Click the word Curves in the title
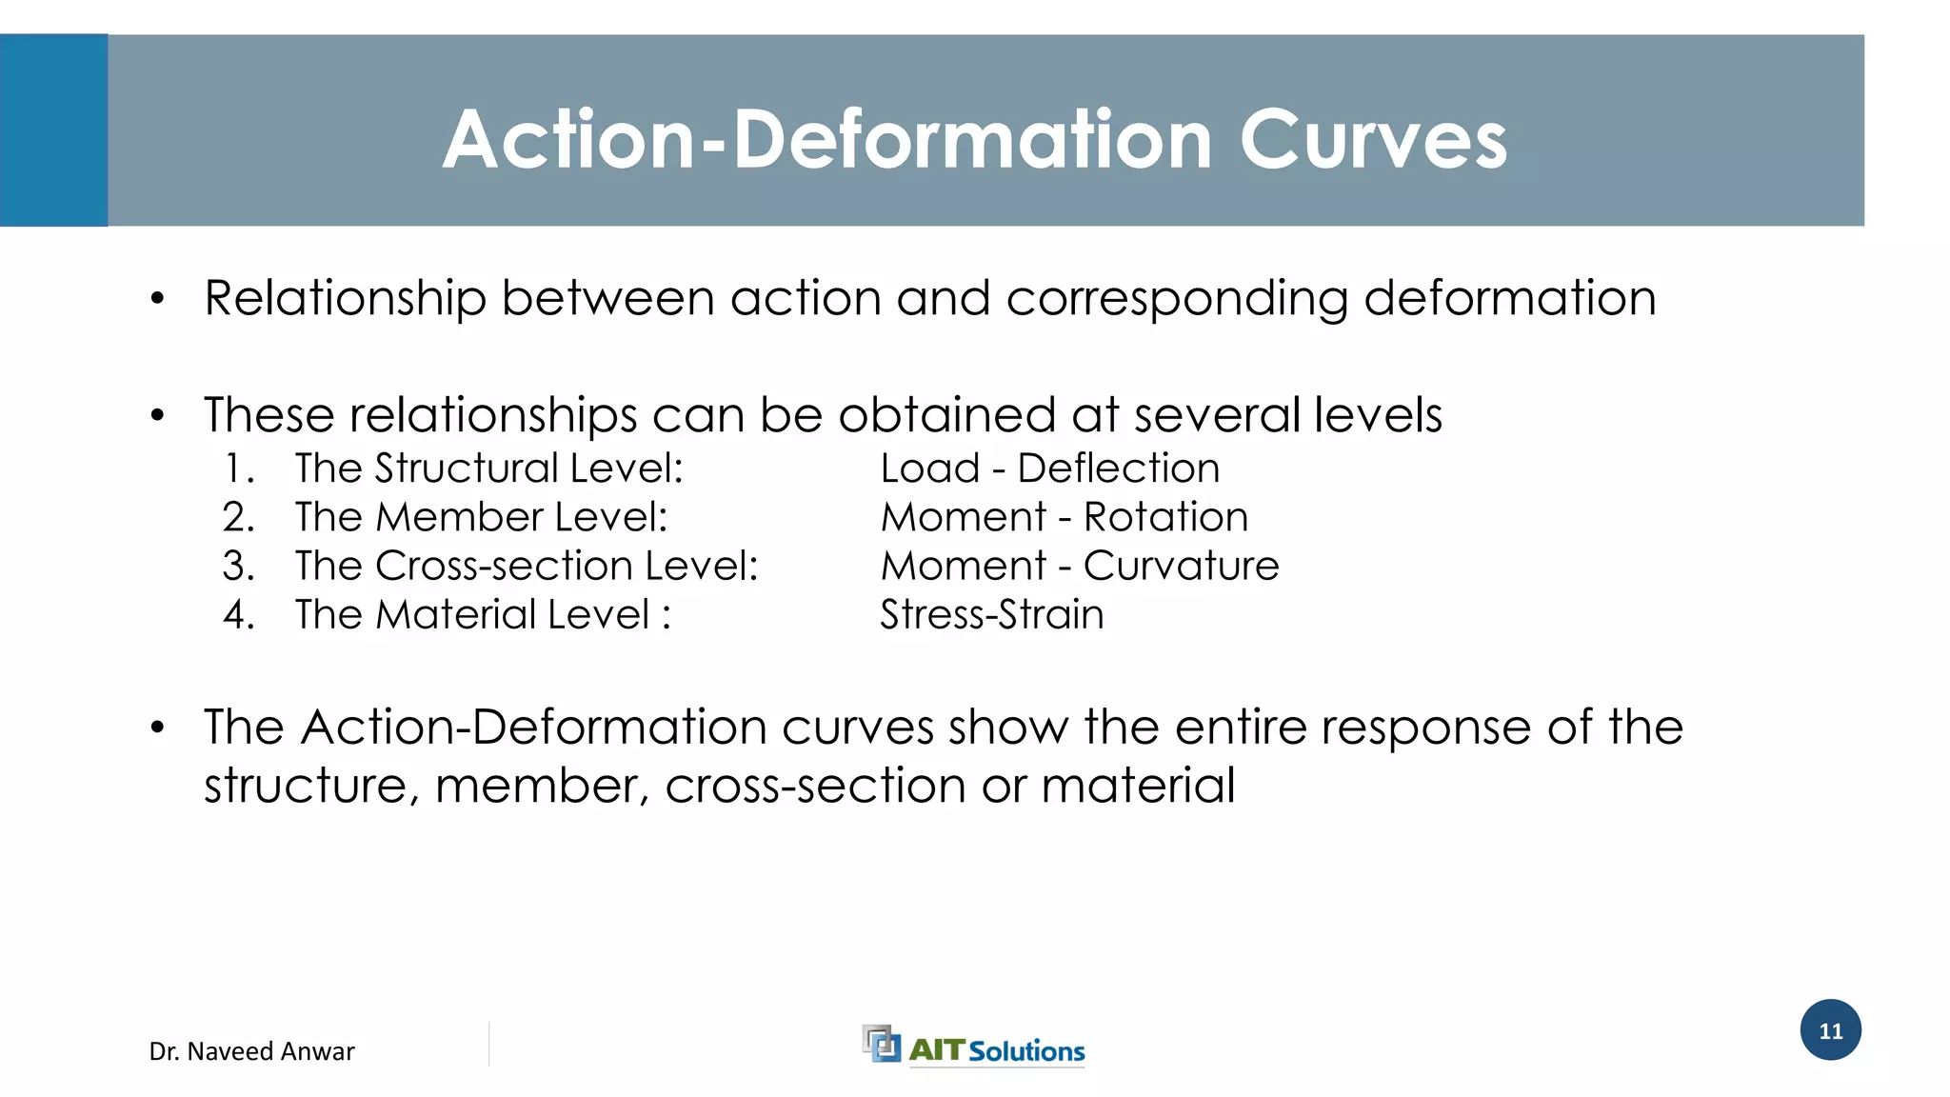point(1373,140)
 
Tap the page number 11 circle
point(1830,1030)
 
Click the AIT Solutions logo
point(973,1047)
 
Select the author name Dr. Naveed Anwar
point(251,1051)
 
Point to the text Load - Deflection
point(1049,469)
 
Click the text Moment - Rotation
point(1064,517)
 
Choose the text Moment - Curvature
point(1079,566)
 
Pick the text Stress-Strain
point(991,614)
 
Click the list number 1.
point(239,469)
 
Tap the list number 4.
point(239,614)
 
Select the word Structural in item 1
point(467,469)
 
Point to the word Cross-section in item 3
point(504,566)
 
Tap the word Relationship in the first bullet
point(345,299)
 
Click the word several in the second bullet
point(1217,415)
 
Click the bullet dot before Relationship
point(158,299)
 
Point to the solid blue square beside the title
point(53,130)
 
